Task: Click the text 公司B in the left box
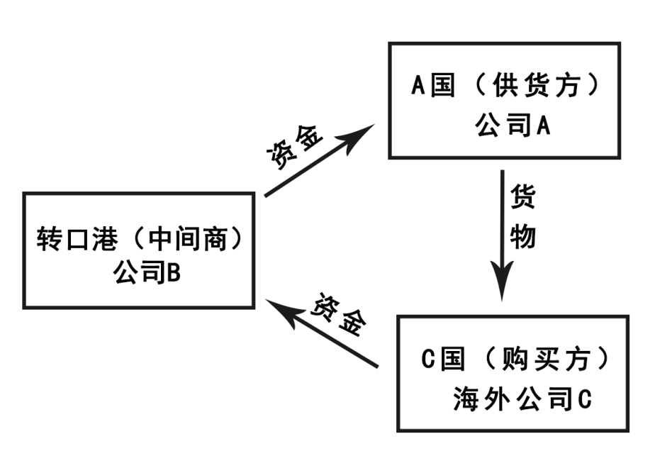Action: coord(138,272)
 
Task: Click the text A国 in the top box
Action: coord(433,88)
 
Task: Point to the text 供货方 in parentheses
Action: coord(535,88)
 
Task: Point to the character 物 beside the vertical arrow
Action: coord(525,236)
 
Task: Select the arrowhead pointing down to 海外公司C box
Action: coord(503,284)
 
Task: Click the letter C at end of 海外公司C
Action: coord(583,400)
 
